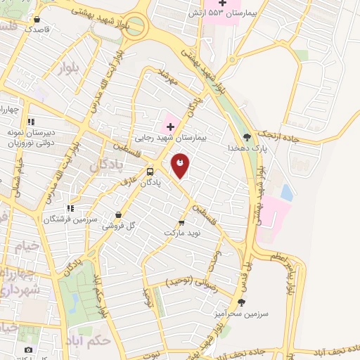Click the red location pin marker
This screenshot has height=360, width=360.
[180, 166]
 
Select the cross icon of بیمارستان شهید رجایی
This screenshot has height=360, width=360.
[170, 127]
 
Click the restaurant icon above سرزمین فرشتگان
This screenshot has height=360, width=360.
[70, 208]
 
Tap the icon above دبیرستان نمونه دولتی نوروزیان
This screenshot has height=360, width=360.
[31, 122]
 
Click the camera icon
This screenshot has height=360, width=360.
[28, 349]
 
